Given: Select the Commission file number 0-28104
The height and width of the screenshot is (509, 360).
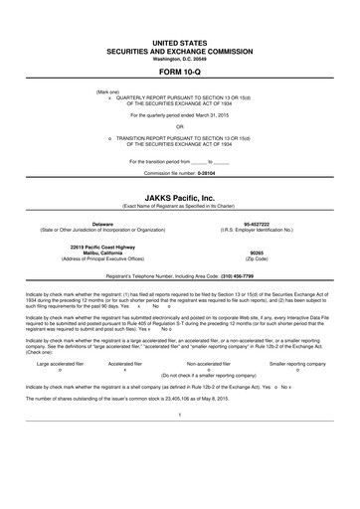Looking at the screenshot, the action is click(x=204, y=173).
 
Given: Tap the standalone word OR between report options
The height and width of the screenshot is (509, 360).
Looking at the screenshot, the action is click(x=179, y=125).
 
